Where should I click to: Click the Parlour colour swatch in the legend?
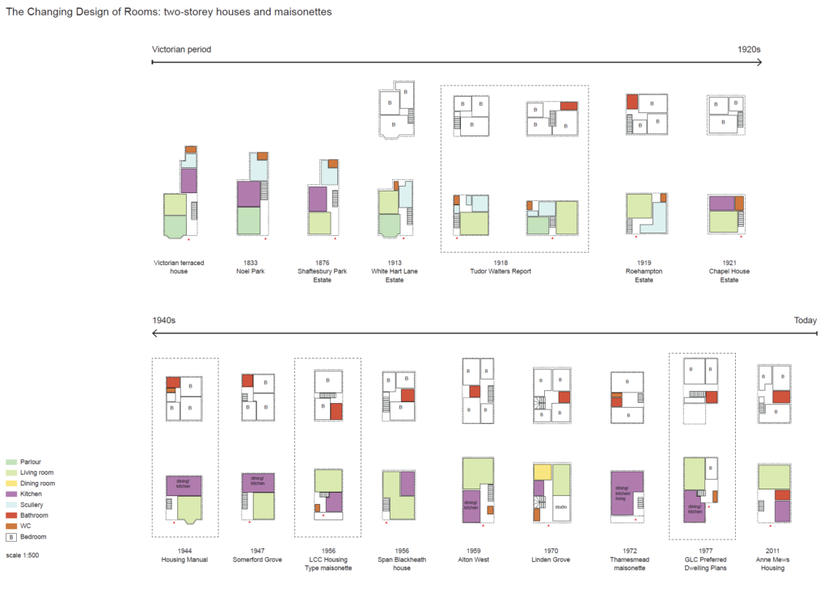pyautogui.click(x=11, y=462)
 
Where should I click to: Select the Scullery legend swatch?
pyautogui.click(x=11, y=505)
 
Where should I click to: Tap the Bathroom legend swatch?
pyautogui.click(x=11, y=515)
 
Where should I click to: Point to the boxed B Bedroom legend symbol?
pyautogui.click(x=11, y=536)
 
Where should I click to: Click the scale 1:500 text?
pyautogui.click(x=23, y=556)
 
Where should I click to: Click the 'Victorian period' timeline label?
pyautogui.click(x=181, y=49)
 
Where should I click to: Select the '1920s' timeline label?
pyautogui.click(x=749, y=49)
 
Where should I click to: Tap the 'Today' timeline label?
pyautogui.click(x=805, y=321)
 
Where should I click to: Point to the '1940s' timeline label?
pyautogui.click(x=164, y=321)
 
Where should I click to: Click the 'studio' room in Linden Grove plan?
pyautogui.click(x=561, y=507)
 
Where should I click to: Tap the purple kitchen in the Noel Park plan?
pyautogui.click(x=248, y=194)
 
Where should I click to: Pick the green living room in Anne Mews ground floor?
pyautogui.click(x=774, y=476)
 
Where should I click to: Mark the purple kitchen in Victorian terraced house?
pyautogui.click(x=188, y=180)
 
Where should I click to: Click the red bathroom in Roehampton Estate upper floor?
pyautogui.click(x=632, y=102)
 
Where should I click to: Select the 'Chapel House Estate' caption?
pyautogui.click(x=729, y=275)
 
